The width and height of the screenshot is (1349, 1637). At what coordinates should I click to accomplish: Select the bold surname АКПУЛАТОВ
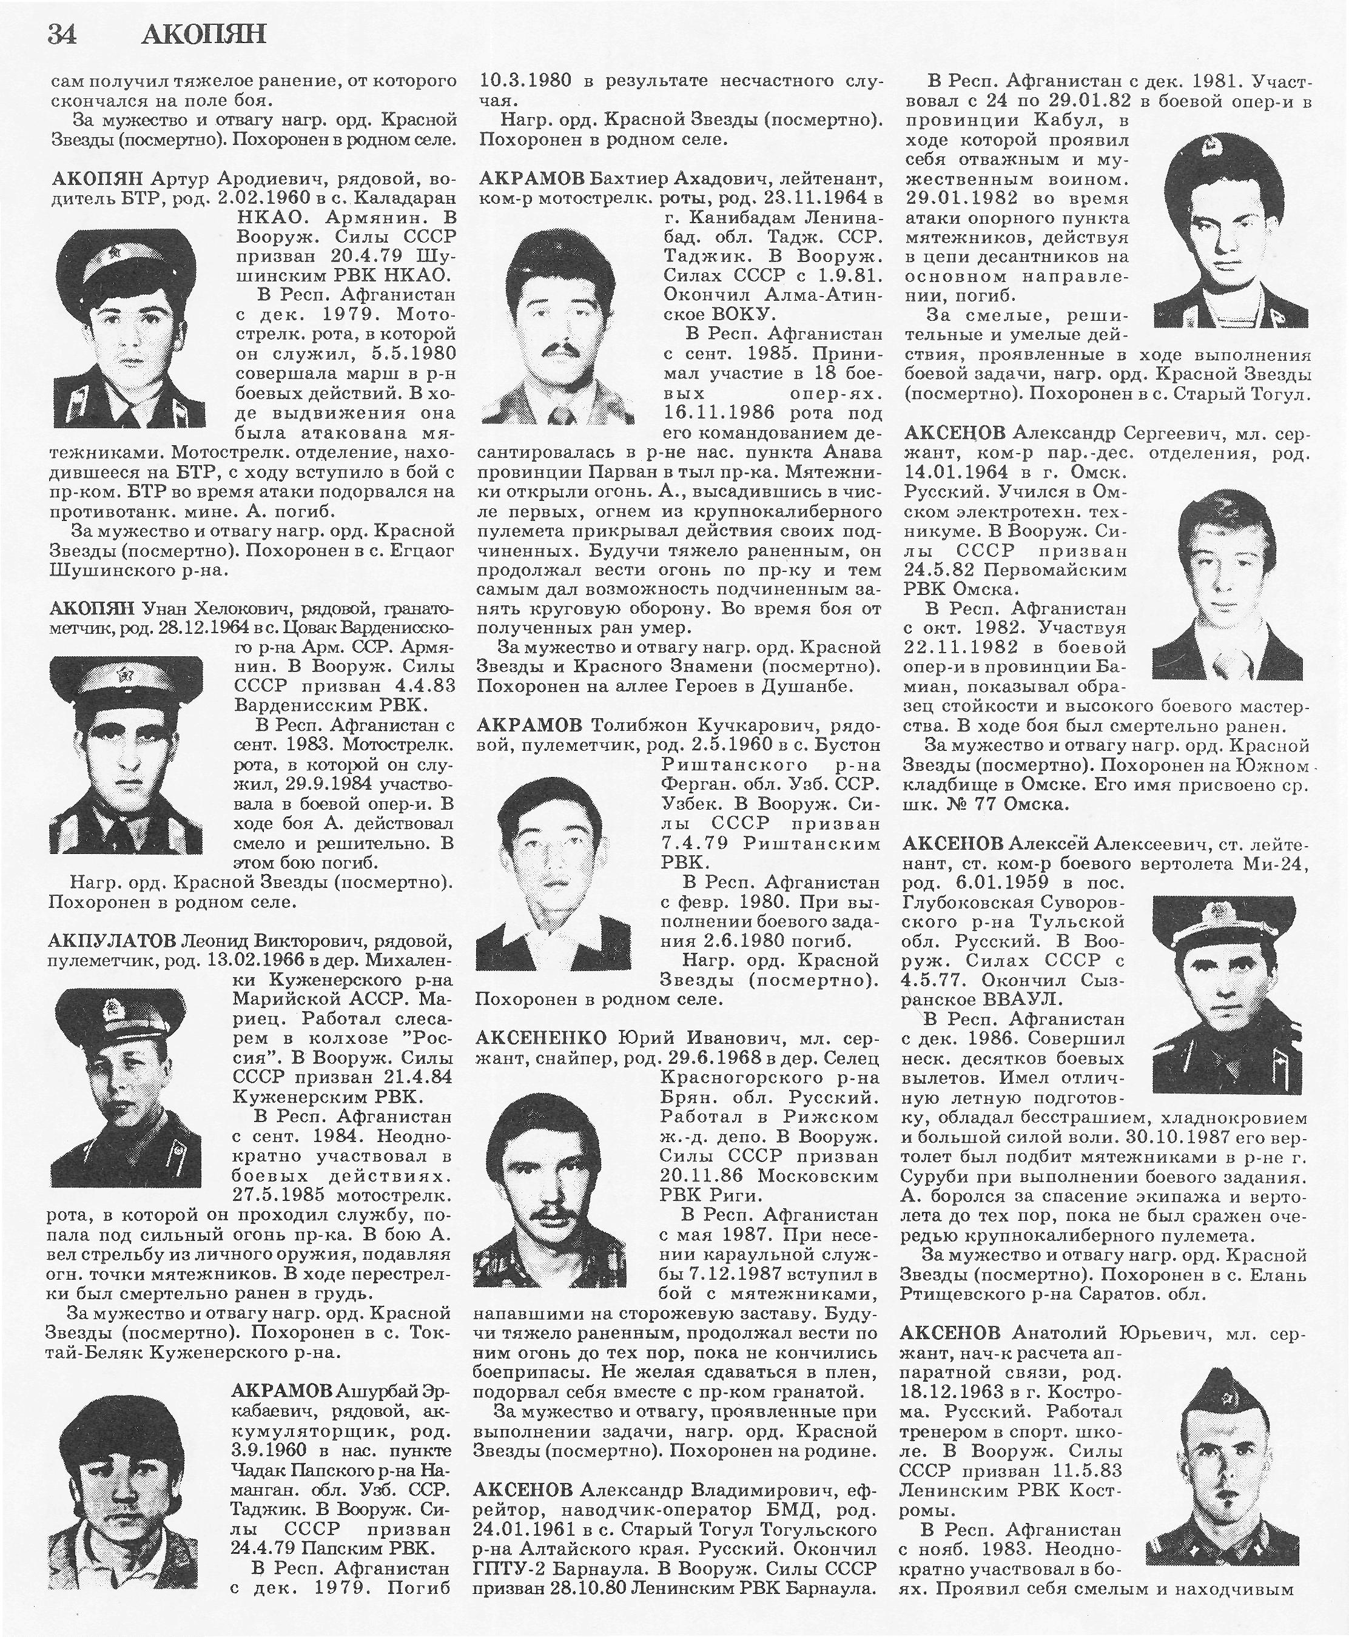(112, 941)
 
